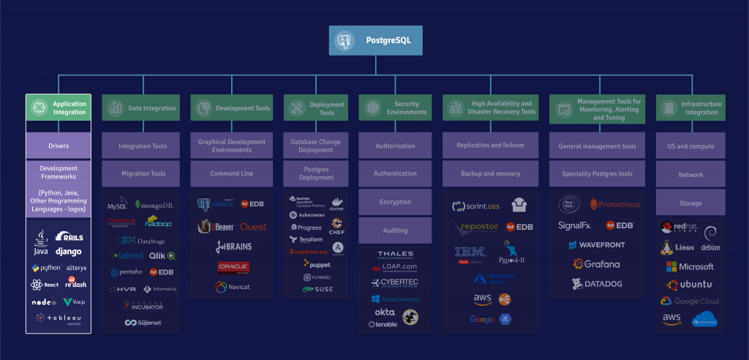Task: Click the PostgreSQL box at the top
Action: point(375,41)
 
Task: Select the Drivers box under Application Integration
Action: point(59,146)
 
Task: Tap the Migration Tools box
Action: point(143,174)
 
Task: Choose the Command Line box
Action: point(231,174)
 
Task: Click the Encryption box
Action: point(395,202)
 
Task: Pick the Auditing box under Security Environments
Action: point(395,230)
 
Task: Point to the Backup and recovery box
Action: point(490,174)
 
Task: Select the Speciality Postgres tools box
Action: point(598,174)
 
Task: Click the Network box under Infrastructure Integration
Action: point(690,174)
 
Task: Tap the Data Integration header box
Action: point(143,108)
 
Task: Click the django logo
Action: point(69,252)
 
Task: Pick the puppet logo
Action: point(317,264)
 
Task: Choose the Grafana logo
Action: point(596,264)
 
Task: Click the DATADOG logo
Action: point(596,284)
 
